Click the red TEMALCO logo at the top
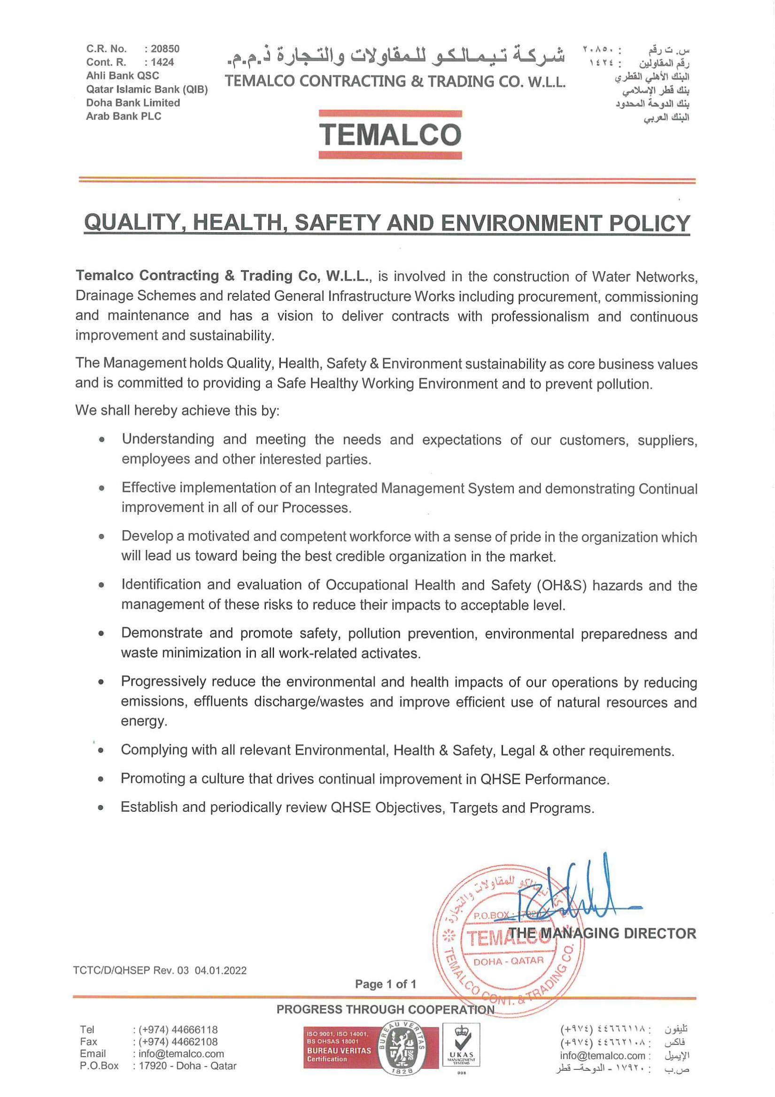tap(390, 134)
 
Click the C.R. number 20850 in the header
tap(165, 49)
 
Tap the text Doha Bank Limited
tap(133, 103)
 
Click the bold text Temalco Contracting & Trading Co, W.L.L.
tap(223, 276)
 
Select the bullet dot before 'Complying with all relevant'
tap(101, 751)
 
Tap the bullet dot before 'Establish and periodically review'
tap(101, 808)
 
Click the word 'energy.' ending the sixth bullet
tap(144, 721)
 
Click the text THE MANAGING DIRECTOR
tap(602, 933)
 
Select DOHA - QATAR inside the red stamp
tap(508, 961)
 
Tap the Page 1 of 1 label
tap(385, 984)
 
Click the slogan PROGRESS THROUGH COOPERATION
tap(385, 1010)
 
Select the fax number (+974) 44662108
tap(178, 1042)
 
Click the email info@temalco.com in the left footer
tap(181, 1053)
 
